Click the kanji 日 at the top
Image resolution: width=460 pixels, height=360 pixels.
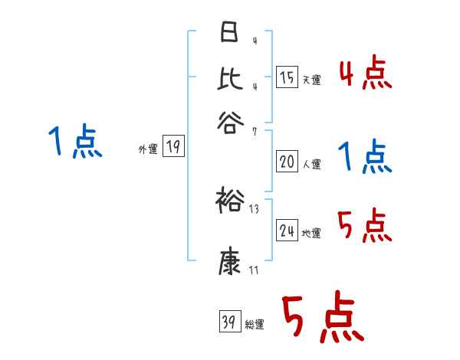tap(228, 33)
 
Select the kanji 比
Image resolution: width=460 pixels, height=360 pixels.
tap(229, 77)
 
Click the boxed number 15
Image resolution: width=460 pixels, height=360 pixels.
tap(287, 78)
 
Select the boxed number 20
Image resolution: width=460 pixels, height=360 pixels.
tap(287, 162)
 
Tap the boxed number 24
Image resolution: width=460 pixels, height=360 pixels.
tap(287, 231)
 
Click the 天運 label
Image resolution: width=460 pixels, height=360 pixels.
tap(311, 80)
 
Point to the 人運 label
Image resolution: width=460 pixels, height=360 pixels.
tap(311, 163)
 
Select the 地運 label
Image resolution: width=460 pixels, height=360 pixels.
tap(311, 233)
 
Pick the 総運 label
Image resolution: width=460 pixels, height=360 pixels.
tap(254, 324)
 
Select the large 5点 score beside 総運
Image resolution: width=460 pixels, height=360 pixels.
tap(322, 318)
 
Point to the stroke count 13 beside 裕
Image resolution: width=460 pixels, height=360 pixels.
tap(254, 209)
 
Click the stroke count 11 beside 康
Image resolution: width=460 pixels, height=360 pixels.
tap(254, 270)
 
